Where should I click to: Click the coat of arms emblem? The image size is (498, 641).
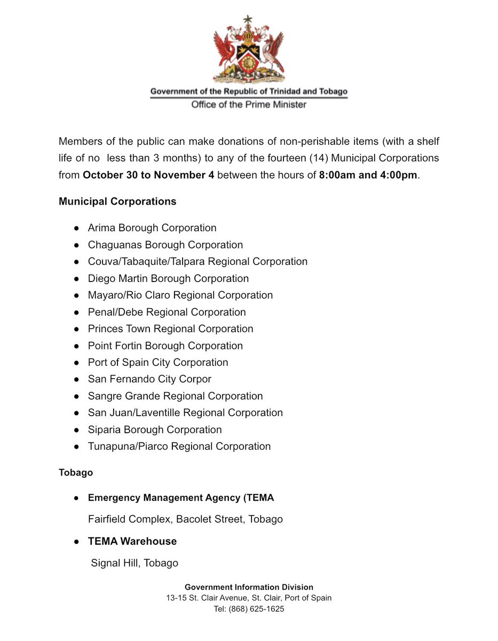point(249,49)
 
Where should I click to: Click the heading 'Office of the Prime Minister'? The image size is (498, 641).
point(249,105)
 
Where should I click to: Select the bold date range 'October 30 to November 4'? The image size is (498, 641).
point(148,175)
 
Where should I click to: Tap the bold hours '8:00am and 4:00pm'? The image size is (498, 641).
point(368,175)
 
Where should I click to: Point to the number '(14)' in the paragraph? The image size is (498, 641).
point(317,159)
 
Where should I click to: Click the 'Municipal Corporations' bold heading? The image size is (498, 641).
point(117,201)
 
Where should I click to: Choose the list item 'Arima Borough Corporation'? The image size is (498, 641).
point(152,228)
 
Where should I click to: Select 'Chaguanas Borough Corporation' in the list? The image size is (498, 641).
point(165,245)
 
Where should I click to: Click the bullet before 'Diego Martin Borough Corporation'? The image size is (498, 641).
point(77,279)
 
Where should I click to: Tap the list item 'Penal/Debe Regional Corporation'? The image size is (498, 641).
point(167,312)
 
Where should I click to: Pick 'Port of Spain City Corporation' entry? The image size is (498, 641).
point(158,363)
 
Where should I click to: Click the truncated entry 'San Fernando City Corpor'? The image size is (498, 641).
point(149,379)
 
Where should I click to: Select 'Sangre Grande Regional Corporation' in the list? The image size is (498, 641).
point(175,396)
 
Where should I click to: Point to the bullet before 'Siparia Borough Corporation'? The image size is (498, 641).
point(77,430)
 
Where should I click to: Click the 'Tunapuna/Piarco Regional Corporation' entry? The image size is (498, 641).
point(179,447)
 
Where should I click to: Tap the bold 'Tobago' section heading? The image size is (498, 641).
point(76,473)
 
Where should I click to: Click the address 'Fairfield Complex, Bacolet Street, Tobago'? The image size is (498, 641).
point(185,519)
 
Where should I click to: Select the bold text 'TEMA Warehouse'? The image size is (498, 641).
point(132,541)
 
